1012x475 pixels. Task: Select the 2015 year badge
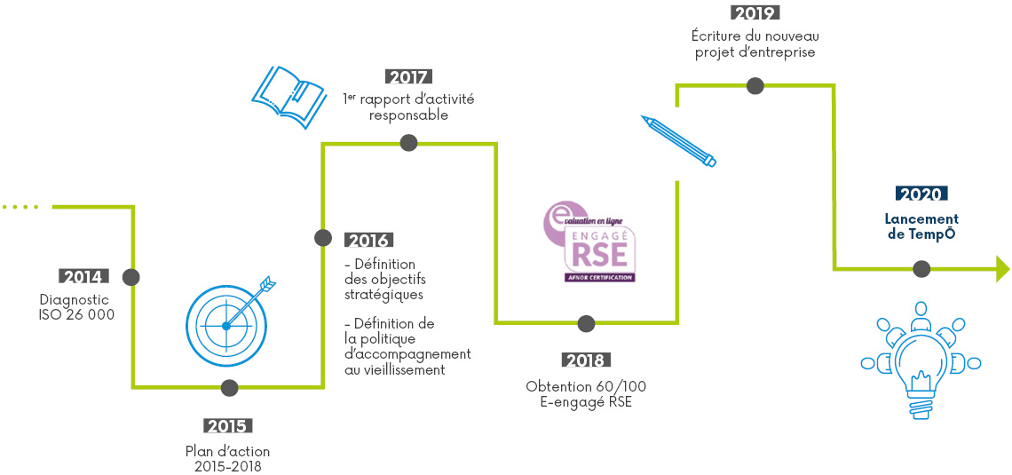[x=229, y=425]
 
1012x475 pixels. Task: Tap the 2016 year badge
[x=368, y=240]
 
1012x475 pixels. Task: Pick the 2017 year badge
[x=409, y=76]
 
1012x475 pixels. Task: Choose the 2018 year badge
[x=586, y=360]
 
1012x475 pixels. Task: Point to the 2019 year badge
[x=755, y=12]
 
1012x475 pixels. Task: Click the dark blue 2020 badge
[x=921, y=194]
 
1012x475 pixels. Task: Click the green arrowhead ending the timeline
[x=1003, y=269]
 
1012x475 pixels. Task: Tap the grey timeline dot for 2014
[x=130, y=277]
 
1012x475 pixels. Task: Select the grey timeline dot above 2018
[x=586, y=323]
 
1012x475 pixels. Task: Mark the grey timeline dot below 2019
[x=755, y=86]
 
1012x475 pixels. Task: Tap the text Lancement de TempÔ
[x=921, y=226]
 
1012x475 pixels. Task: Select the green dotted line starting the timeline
[x=20, y=207]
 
